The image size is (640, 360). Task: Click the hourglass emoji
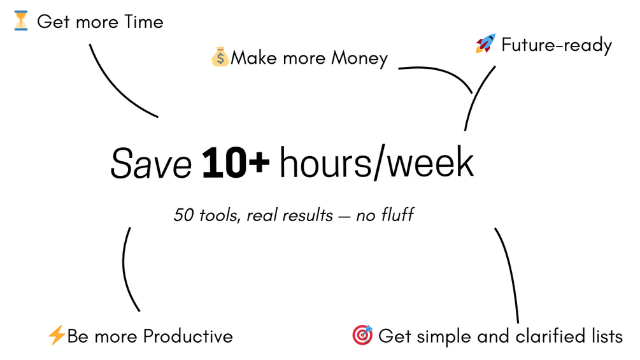tap(21, 21)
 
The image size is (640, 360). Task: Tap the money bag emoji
tap(220, 57)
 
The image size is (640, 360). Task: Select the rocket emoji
tap(485, 43)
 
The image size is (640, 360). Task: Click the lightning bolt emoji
tap(56, 335)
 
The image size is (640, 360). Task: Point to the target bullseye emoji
tap(362, 335)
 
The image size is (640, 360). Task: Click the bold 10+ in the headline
tap(236, 163)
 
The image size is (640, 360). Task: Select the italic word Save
tap(151, 164)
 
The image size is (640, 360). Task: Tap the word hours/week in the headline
tap(376, 163)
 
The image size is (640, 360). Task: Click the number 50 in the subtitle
tap(183, 215)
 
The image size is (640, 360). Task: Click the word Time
tap(144, 22)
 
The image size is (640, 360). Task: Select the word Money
tap(359, 59)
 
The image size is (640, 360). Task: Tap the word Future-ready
tap(557, 45)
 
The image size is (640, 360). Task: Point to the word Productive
tap(188, 336)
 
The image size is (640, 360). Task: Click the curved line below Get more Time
tap(117, 88)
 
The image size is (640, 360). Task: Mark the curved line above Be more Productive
tap(125, 270)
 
